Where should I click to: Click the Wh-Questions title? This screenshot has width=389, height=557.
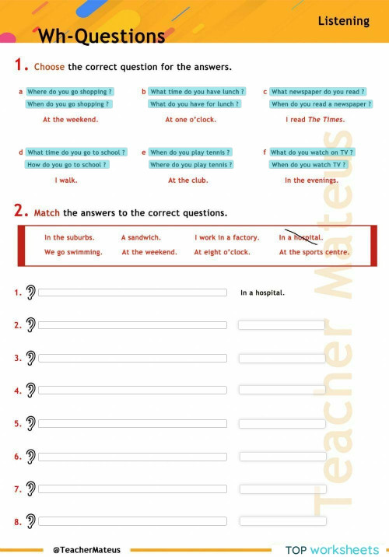101,37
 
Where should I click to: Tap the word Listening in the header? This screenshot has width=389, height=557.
343,21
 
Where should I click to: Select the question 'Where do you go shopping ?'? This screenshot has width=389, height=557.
69,92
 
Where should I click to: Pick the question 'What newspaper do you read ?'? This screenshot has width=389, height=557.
317,92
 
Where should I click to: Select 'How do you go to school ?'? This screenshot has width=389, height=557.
67,165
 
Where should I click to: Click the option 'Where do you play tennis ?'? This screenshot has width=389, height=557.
191,165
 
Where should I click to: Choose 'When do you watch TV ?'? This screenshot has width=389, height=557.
308,165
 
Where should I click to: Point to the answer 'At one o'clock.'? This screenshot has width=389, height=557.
191,120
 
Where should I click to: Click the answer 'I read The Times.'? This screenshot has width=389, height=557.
315,120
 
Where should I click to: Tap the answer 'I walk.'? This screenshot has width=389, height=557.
66,180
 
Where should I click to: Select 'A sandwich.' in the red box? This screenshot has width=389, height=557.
141,237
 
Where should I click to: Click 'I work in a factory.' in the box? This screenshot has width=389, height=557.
226,237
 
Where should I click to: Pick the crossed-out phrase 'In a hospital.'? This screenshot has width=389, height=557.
301,237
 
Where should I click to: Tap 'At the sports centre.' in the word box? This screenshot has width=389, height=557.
314,252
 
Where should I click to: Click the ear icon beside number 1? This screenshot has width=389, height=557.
30,293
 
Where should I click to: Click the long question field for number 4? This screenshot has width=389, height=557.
132,391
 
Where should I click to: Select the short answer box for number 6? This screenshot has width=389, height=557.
282,457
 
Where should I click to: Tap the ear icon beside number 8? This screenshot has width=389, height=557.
30,521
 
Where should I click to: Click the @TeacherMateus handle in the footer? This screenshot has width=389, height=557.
86,549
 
